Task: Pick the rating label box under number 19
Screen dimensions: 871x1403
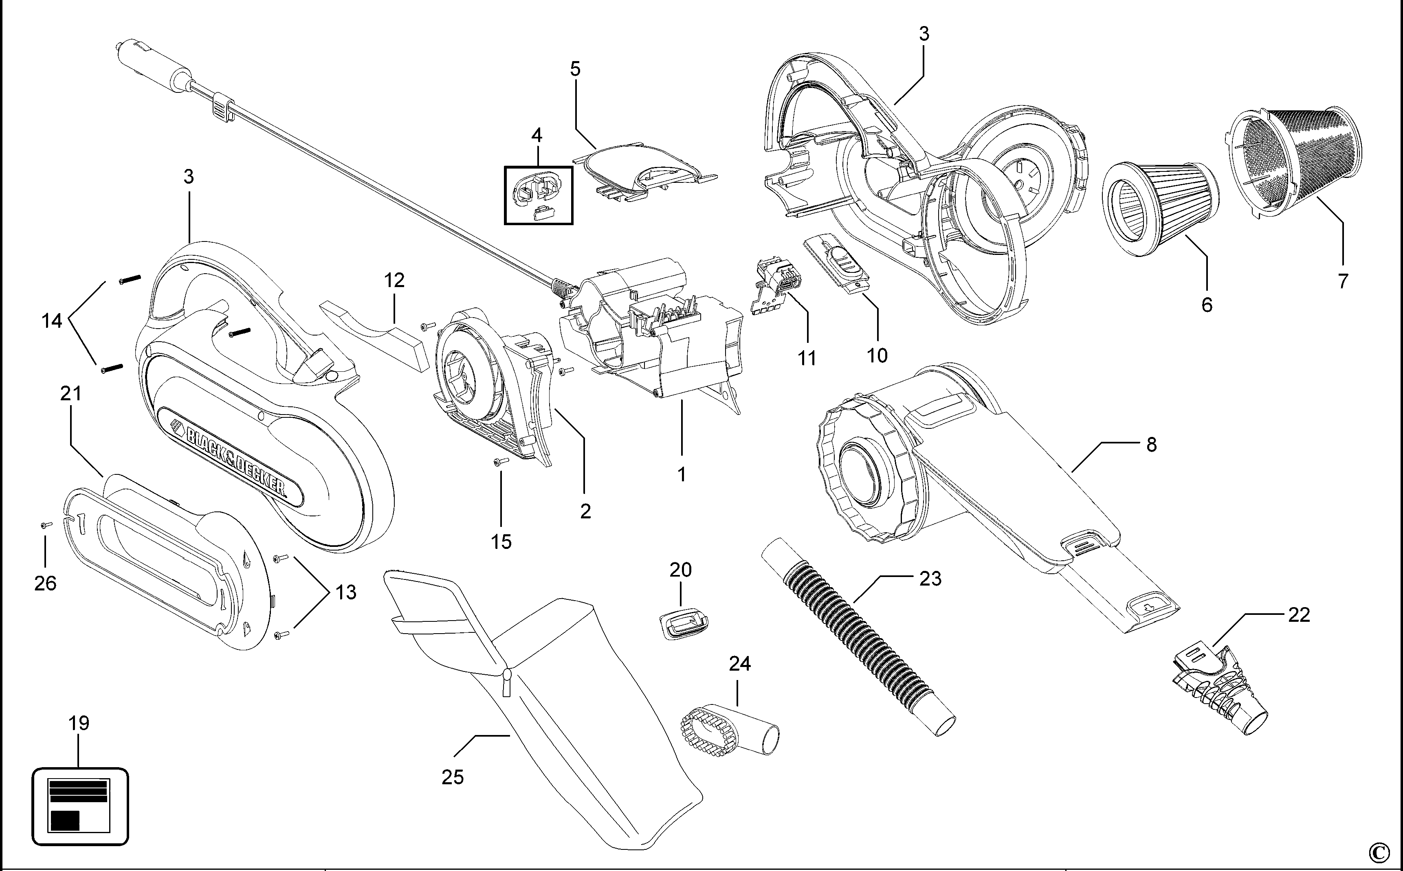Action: [79, 805]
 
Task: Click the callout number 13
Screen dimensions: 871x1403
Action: [346, 592]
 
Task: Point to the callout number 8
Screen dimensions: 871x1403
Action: [1151, 445]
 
